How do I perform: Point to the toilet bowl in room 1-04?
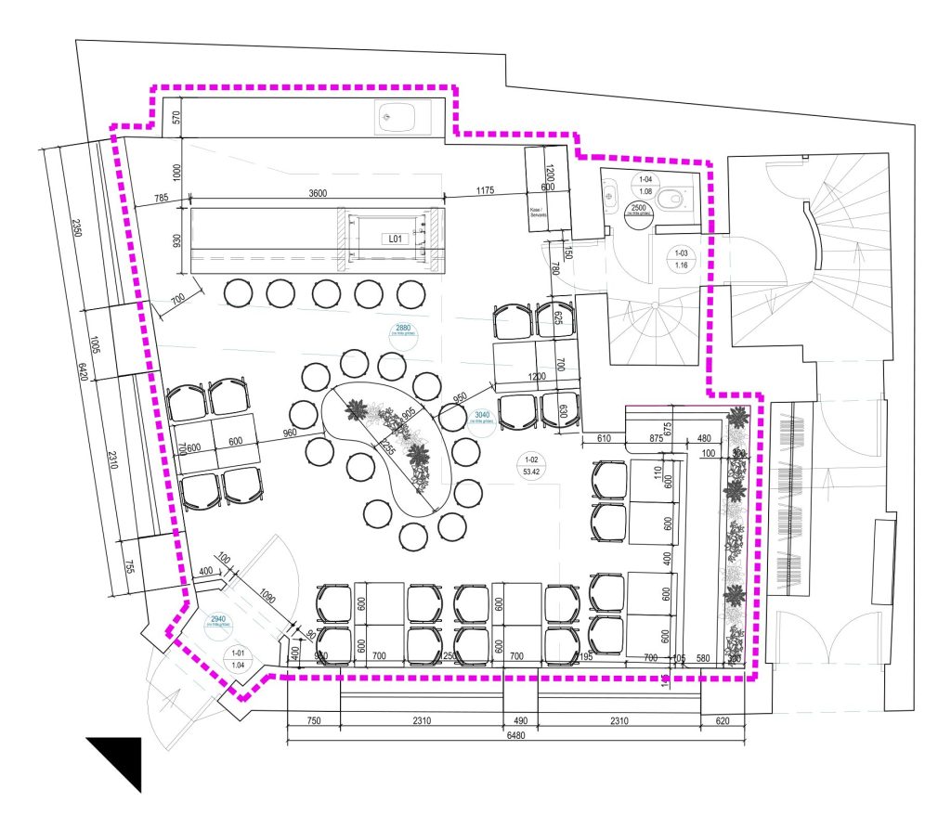point(671,198)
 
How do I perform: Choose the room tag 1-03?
point(683,259)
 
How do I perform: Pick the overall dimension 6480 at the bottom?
point(517,735)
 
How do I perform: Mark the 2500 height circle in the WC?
point(638,209)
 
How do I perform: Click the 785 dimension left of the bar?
point(162,197)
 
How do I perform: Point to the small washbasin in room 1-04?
point(610,195)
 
